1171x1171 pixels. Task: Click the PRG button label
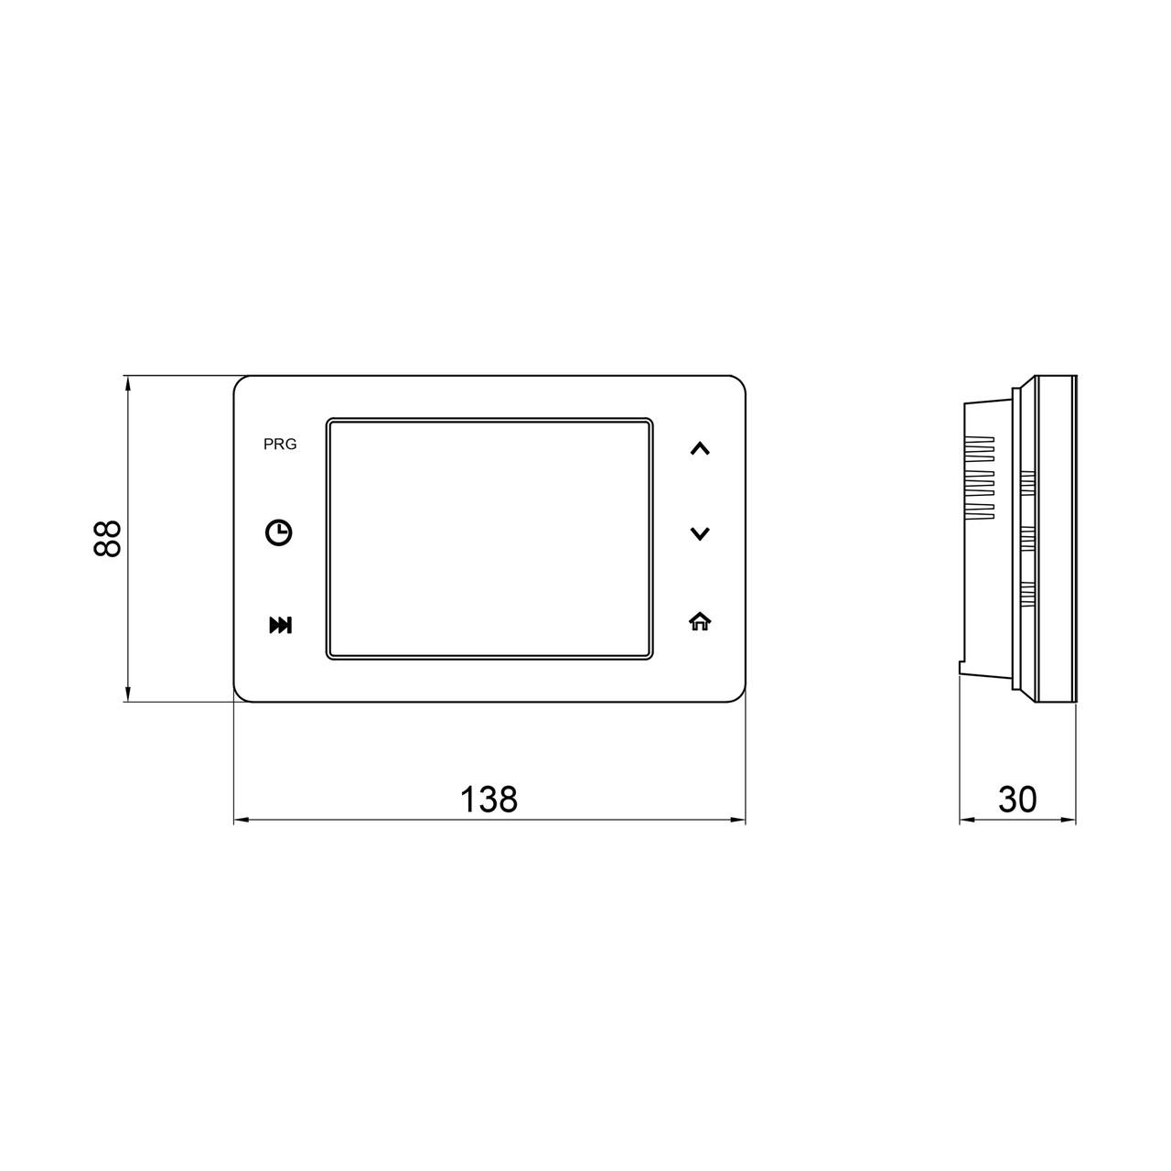(x=280, y=445)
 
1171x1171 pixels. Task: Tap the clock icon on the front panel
(x=279, y=532)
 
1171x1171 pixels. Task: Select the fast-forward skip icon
(x=281, y=625)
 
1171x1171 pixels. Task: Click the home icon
(x=700, y=621)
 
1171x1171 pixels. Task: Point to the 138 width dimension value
(x=489, y=799)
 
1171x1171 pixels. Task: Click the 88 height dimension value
(x=108, y=539)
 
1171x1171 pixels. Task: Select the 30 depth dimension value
(x=1017, y=799)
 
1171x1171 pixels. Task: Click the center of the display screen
(x=489, y=539)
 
